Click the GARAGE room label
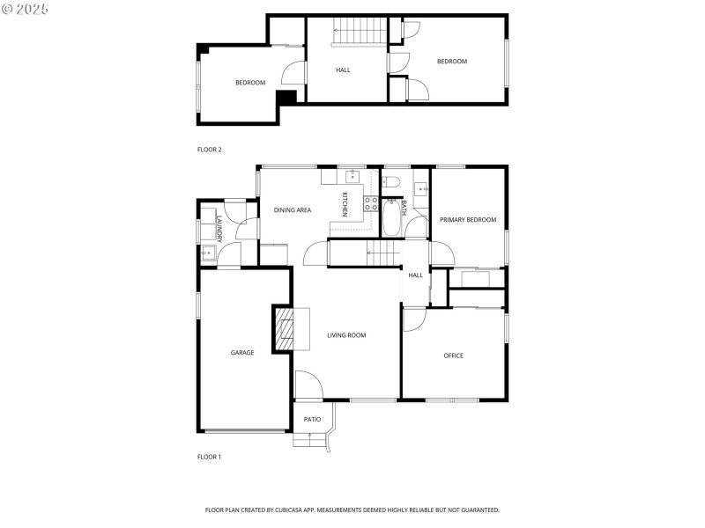click(x=242, y=353)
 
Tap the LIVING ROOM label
click(x=346, y=335)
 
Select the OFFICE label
click(x=453, y=356)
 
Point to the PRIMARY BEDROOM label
click(x=468, y=220)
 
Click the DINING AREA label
click(x=292, y=210)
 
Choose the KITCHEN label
click(x=345, y=204)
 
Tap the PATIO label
click(x=312, y=419)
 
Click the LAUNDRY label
click(x=219, y=231)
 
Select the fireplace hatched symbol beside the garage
click(x=284, y=328)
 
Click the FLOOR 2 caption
click(x=210, y=150)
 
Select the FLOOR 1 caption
click(x=209, y=457)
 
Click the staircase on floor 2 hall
click(x=360, y=32)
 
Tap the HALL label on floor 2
click(x=343, y=70)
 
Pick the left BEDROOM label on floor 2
click(x=249, y=83)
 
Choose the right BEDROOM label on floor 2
click(x=452, y=62)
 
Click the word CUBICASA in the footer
click(x=312, y=510)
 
